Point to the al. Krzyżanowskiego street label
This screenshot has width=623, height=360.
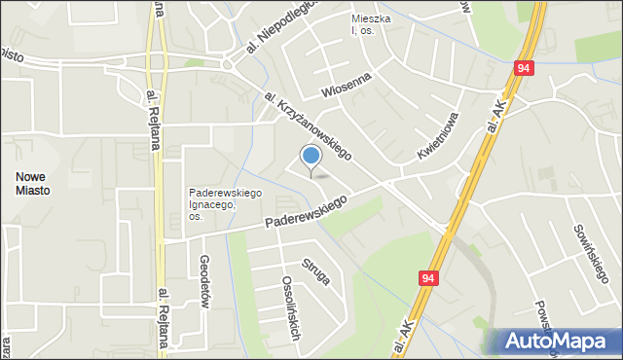307,124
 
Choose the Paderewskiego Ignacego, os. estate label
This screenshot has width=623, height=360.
225,204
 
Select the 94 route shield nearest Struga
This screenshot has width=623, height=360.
428,278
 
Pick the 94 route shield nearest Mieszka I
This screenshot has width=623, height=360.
524,68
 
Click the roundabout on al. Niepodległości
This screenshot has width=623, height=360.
228,64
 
